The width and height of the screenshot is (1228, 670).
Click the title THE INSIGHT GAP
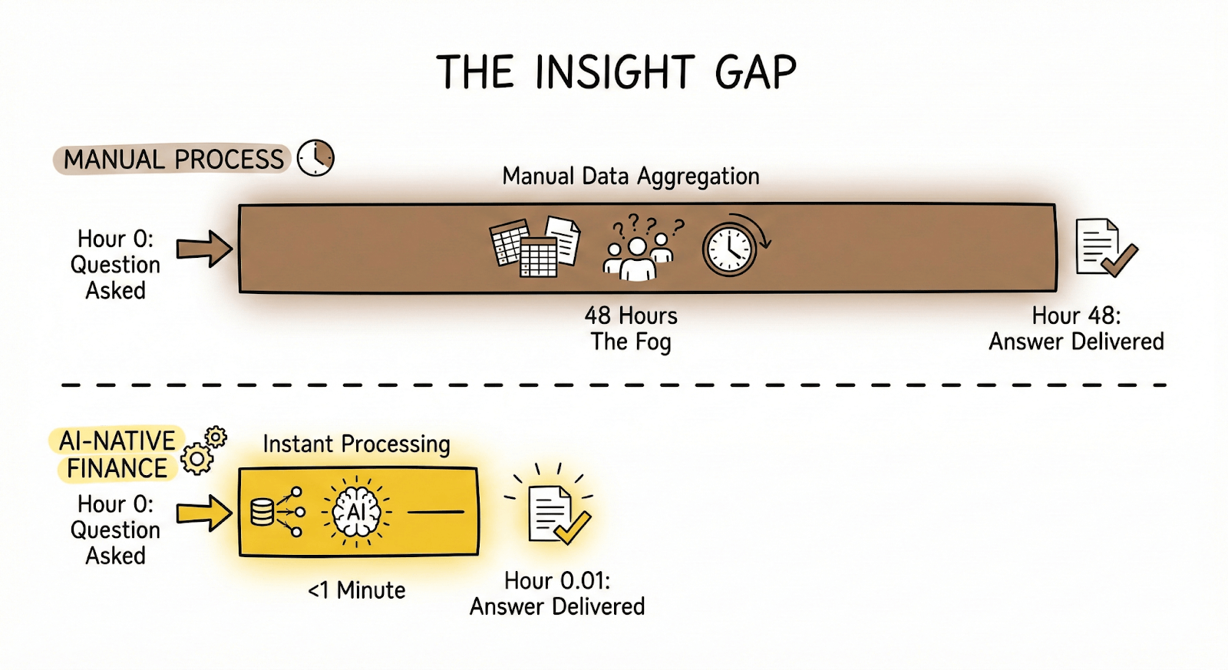coord(616,73)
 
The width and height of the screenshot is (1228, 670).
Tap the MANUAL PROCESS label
coord(173,160)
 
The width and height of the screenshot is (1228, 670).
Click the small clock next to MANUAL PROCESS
coord(315,158)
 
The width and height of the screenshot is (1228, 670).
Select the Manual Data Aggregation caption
coord(631,177)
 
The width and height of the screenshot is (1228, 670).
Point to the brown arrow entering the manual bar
coord(204,249)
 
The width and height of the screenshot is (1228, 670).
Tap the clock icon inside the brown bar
coord(731,248)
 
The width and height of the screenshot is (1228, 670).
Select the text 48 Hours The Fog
coord(631,328)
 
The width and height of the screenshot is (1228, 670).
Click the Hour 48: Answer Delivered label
coord(1076,328)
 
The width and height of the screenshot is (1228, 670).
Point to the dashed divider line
coord(614,385)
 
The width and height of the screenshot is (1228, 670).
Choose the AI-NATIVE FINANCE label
coord(117,454)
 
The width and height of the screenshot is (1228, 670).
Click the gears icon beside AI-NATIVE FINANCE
coord(203,451)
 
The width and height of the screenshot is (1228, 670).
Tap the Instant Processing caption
coord(356,444)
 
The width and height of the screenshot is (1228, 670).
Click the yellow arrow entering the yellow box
coord(204,513)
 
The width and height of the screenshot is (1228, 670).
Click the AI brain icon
coord(357,512)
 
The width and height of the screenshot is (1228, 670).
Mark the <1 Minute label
coord(356,590)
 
